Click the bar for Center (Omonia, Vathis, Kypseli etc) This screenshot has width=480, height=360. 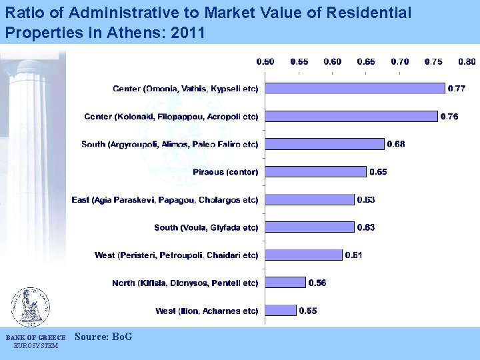[x=355, y=88]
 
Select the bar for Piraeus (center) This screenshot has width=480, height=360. [x=315, y=171]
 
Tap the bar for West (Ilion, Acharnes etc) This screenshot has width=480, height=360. [x=281, y=310]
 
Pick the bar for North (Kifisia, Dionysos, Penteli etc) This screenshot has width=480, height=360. [x=285, y=283]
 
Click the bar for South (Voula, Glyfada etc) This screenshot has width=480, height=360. [x=309, y=227]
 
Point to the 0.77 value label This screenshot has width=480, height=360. [x=457, y=88]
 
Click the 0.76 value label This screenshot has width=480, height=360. [x=449, y=116]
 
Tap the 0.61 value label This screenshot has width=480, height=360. [x=353, y=255]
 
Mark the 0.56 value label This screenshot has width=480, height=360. [x=317, y=283]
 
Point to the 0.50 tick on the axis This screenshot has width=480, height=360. [x=265, y=61]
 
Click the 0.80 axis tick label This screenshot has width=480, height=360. [x=467, y=61]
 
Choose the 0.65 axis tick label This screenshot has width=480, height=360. [x=366, y=61]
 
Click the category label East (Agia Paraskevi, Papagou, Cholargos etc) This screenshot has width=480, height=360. [x=165, y=199]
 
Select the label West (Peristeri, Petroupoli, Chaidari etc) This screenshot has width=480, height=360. [x=176, y=255]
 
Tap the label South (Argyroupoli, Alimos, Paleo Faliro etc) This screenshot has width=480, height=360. [x=169, y=144]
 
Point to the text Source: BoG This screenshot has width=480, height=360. [x=103, y=337]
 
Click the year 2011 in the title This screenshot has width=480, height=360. [x=187, y=33]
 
